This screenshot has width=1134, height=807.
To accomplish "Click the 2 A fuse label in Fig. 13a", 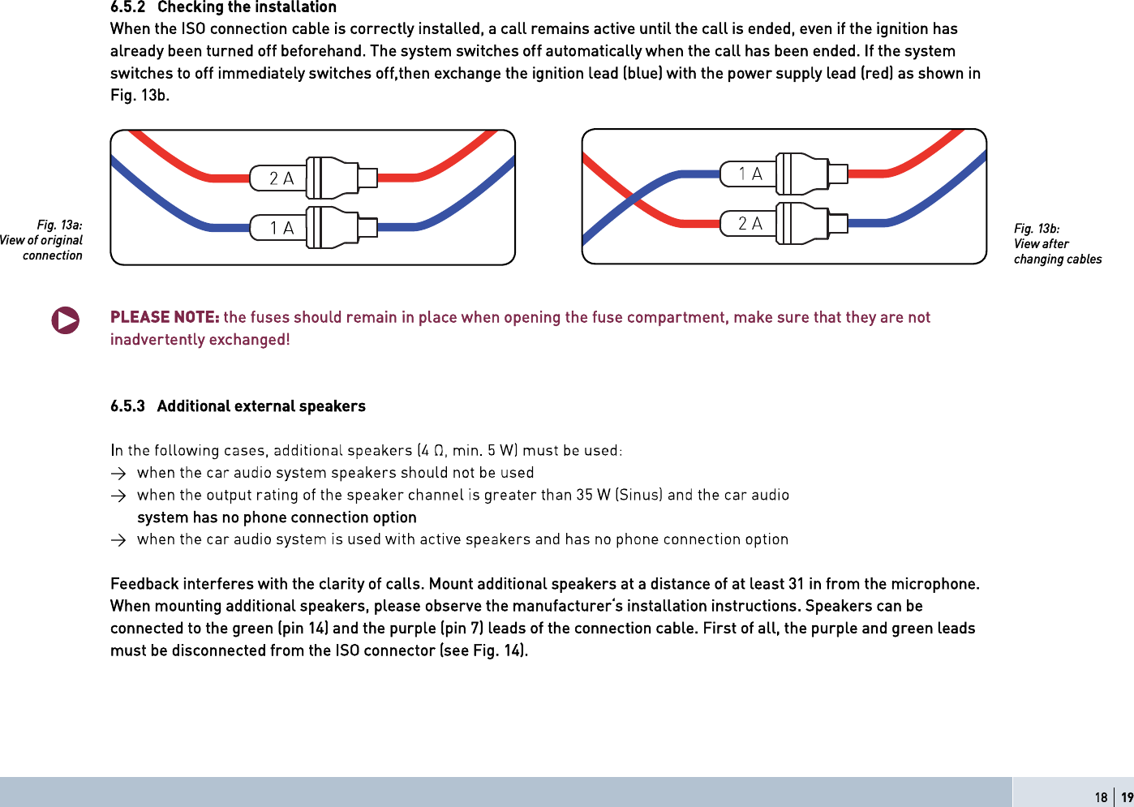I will click(281, 178).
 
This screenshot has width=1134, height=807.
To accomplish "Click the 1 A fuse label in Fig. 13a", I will click(281, 229).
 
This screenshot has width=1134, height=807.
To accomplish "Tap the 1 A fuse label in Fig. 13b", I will click(750, 174).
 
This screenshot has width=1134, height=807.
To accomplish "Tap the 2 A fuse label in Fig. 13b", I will click(750, 223).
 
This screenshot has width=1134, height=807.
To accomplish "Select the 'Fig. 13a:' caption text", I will click(59, 225).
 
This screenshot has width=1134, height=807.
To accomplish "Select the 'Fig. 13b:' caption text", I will click(1037, 229).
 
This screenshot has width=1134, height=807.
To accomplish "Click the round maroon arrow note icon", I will click(66, 320).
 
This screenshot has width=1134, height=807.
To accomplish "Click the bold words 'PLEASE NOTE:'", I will click(165, 317).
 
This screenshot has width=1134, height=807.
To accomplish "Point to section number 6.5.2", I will click(127, 7).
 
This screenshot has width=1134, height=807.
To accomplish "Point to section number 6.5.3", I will click(127, 406).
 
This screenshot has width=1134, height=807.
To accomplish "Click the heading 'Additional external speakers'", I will click(261, 406).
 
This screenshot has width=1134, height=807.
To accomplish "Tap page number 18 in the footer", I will click(1101, 797).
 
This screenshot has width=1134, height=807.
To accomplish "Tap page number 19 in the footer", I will click(1127, 797).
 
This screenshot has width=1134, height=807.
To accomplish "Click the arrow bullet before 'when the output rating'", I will click(118, 496).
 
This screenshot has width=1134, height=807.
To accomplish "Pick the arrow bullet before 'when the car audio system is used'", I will click(118, 540).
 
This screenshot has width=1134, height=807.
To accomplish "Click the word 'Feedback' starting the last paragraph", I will click(144, 584).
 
